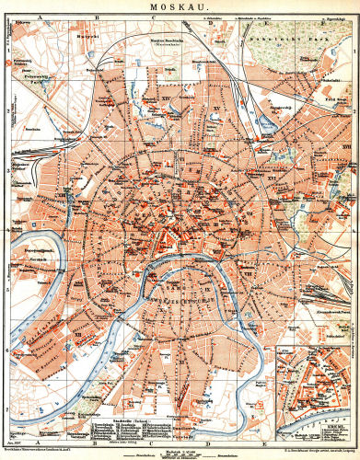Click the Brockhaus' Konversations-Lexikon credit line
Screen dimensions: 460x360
pos(37,446)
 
